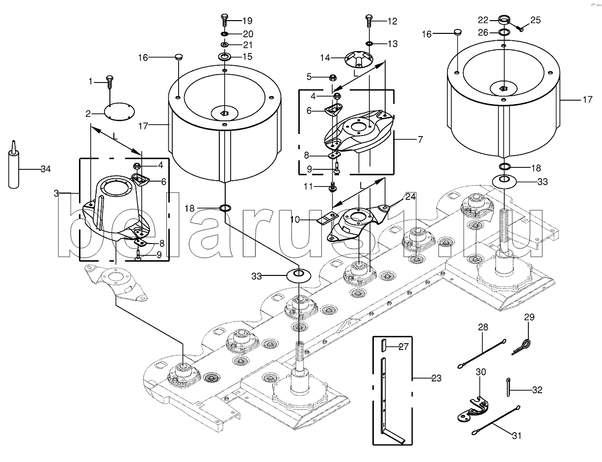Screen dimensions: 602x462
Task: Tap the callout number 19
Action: coord(247,21)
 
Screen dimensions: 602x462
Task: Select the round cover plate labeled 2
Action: coord(119,111)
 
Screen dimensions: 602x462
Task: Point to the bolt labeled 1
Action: coord(110,82)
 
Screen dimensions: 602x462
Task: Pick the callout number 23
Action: coord(437,378)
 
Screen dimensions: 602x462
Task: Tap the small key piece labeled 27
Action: coord(383,345)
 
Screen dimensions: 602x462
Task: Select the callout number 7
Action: coord(420,139)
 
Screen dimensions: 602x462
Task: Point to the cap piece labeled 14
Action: coord(359,59)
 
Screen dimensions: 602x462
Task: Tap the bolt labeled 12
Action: coord(369,20)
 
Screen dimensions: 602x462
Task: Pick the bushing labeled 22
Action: coord(504,20)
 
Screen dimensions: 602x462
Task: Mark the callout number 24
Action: coord(411,197)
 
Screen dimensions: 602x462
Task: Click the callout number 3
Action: coord(56,193)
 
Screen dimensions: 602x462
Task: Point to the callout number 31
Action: coord(517,435)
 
